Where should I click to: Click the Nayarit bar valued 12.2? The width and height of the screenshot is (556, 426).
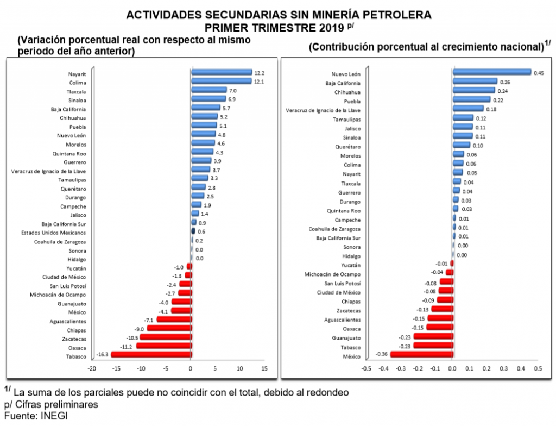click(222, 72)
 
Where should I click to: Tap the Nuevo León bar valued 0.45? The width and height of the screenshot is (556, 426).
click(491, 72)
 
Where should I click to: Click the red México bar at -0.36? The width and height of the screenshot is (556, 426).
click(421, 354)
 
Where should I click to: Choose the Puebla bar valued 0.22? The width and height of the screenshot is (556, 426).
click(471, 100)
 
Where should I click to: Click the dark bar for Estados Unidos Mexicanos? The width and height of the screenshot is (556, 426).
click(193, 231)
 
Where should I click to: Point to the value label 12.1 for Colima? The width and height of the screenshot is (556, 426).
click(258, 82)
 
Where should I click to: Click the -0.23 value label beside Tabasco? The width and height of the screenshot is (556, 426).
click(405, 346)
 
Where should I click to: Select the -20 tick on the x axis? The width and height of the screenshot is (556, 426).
click(92, 368)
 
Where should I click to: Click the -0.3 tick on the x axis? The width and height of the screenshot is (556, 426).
click(401, 368)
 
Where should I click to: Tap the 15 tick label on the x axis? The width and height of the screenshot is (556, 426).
click(264, 368)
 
